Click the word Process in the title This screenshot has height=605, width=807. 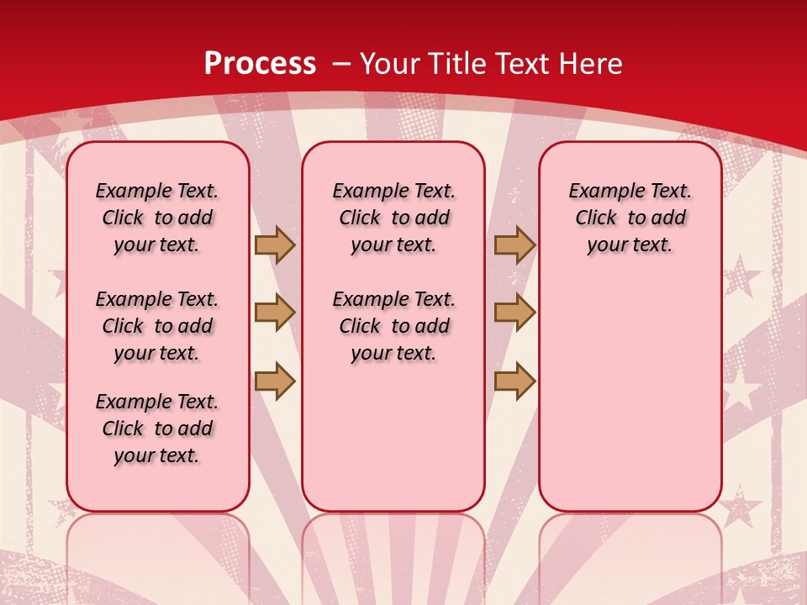[x=260, y=64]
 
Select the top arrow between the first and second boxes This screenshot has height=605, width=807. [x=274, y=245]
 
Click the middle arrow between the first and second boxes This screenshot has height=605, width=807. [x=274, y=313]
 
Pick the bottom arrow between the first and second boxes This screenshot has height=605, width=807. [x=274, y=381]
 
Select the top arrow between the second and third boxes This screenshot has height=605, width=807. [x=514, y=245]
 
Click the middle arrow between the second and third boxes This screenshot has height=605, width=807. [x=514, y=313]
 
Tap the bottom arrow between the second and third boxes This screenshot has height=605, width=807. [x=514, y=381]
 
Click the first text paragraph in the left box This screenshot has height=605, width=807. [x=157, y=218]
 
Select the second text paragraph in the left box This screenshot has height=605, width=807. [x=157, y=326]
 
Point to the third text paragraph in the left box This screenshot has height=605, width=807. [x=157, y=429]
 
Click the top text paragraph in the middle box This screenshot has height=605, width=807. [x=393, y=218]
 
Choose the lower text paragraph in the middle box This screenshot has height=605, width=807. [x=393, y=326]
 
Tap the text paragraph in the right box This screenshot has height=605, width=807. [x=630, y=218]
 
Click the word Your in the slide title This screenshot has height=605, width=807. [x=390, y=64]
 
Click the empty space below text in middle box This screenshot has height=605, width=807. [x=393, y=437]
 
